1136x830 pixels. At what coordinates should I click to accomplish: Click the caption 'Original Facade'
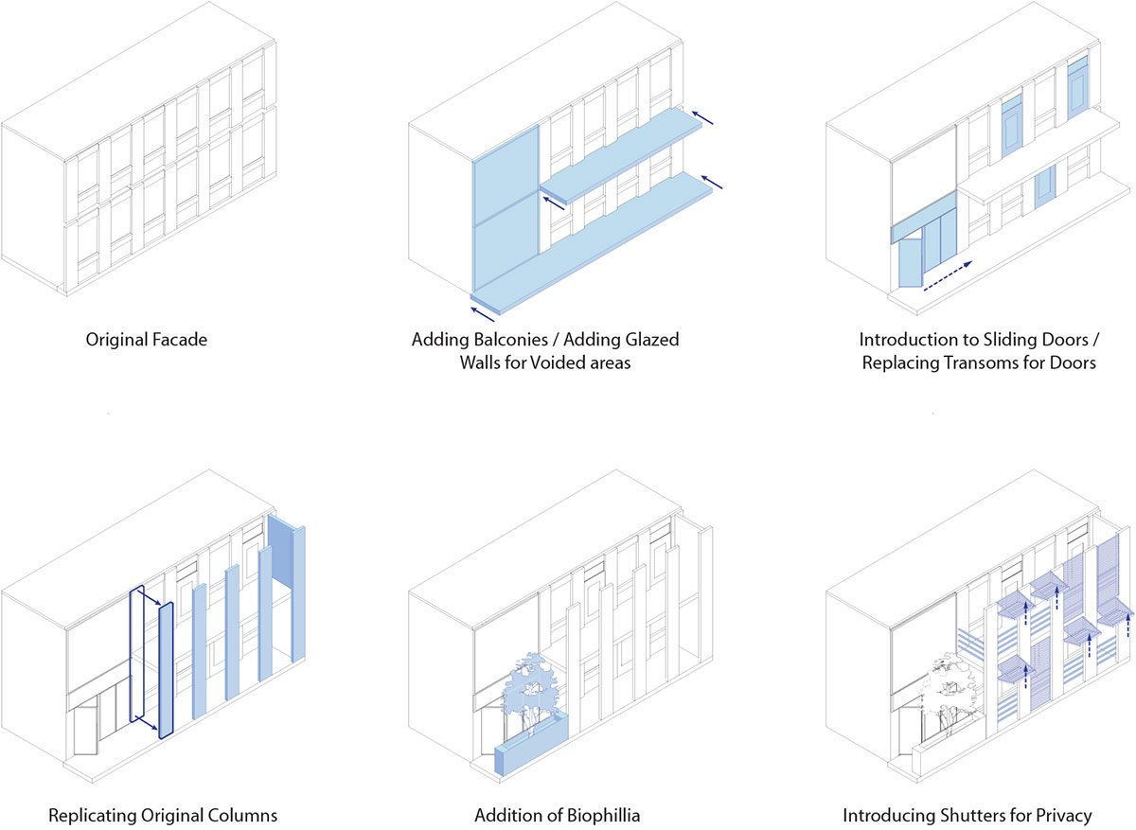click(146, 339)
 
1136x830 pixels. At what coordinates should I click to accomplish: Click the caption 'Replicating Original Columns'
click(163, 815)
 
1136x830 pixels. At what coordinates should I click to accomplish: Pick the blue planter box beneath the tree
click(531, 751)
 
